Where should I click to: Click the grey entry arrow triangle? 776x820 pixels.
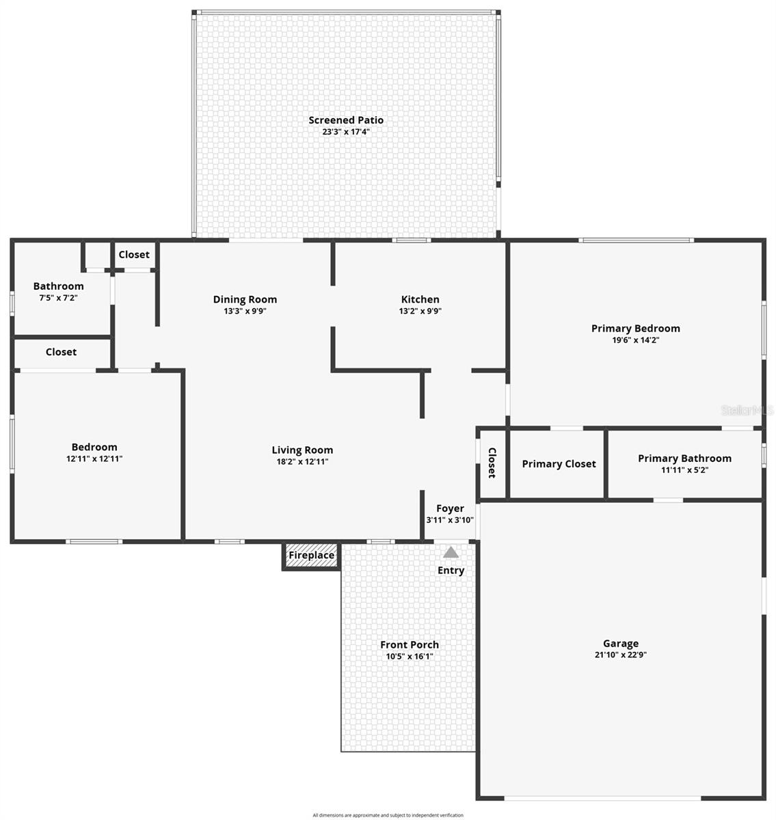tap(451, 552)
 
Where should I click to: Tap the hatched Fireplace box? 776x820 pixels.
tap(311, 556)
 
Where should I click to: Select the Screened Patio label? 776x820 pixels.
tap(346, 120)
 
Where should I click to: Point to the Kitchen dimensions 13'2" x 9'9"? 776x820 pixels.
tap(420, 311)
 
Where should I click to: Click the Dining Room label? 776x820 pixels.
tap(245, 299)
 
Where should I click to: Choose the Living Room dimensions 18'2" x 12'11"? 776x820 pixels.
tap(302, 461)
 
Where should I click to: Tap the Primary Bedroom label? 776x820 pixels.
tap(635, 328)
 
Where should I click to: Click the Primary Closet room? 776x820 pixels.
tap(559, 464)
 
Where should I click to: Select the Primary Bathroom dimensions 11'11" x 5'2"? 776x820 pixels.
tap(684, 470)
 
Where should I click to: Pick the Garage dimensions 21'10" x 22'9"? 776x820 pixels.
tap(621, 655)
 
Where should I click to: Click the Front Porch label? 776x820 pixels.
tap(410, 644)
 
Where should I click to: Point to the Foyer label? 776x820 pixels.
tap(450, 508)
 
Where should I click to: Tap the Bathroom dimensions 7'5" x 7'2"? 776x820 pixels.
tap(58, 298)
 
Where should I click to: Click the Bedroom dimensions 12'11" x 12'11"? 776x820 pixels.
tap(94, 459)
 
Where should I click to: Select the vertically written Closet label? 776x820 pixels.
tap(492, 463)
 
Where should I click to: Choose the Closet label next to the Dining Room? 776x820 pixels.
tap(134, 254)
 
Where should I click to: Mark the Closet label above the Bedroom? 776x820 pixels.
tap(61, 352)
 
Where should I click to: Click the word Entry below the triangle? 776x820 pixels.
tap(451, 570)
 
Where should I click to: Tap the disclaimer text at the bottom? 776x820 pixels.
tap(388, 815)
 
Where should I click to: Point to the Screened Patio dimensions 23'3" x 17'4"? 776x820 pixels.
tap(346, 132)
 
